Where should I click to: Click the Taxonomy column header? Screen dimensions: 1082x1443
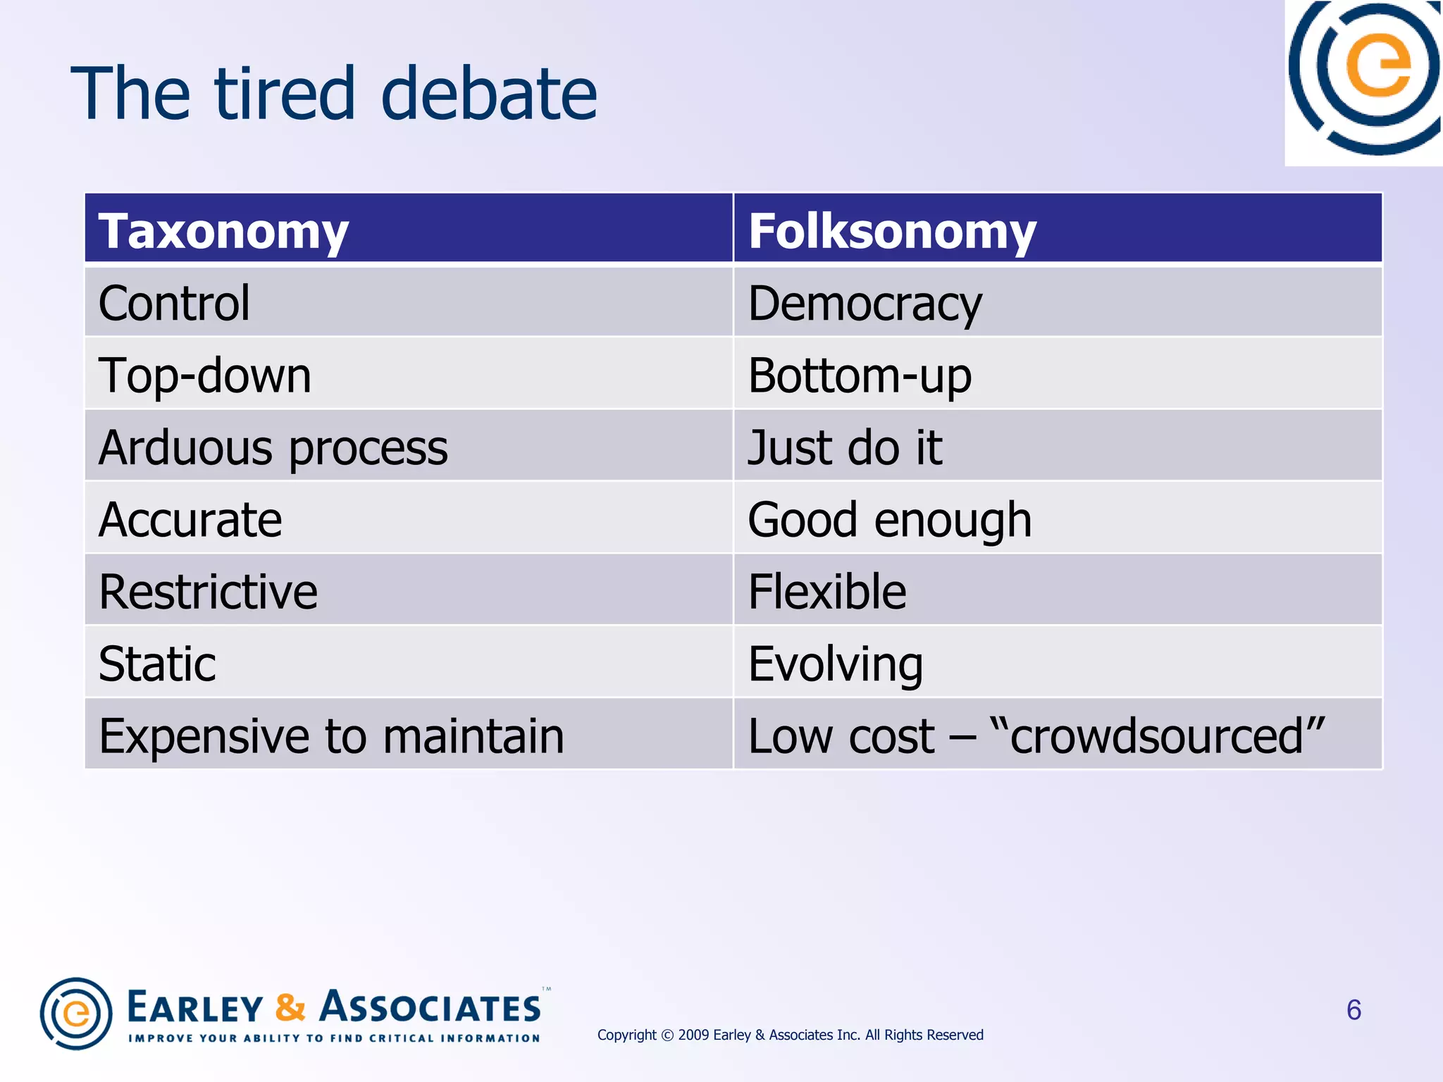(223, 231)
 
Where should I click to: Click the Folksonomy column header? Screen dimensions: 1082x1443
(892, 231)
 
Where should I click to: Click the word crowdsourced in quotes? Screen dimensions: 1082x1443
(1157, 736)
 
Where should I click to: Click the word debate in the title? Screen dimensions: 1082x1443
(488, 94)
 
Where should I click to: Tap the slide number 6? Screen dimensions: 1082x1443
(1354, 1010)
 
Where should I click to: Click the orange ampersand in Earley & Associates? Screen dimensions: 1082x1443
(290, 1007)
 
